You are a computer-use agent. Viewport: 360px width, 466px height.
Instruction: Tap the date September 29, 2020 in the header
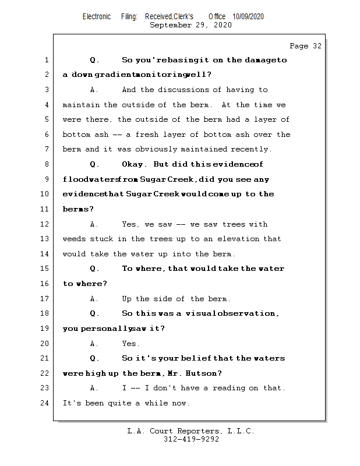click(190, 25)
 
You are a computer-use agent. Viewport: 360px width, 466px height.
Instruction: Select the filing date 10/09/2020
click(248, 16)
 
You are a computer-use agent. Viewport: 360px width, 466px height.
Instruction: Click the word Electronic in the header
click(97, 16)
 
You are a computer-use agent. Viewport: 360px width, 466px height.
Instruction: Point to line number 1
click(47, 60)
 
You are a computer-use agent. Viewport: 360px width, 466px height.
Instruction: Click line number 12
click(45, 224)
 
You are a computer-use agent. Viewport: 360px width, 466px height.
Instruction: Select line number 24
click(45, 403)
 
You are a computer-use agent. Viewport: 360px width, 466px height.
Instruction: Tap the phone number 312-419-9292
click(191, 440)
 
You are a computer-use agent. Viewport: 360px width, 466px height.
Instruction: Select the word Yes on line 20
click(130, 344)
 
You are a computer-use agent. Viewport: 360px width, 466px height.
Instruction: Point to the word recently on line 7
click(251, 150)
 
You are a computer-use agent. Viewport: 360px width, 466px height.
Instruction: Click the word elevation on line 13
click(238, 239)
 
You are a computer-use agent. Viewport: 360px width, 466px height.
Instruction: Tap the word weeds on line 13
click(75, 239)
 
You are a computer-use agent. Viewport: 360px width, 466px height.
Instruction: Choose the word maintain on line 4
click(82, 105)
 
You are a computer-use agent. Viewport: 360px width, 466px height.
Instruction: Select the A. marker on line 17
click(94, 299)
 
